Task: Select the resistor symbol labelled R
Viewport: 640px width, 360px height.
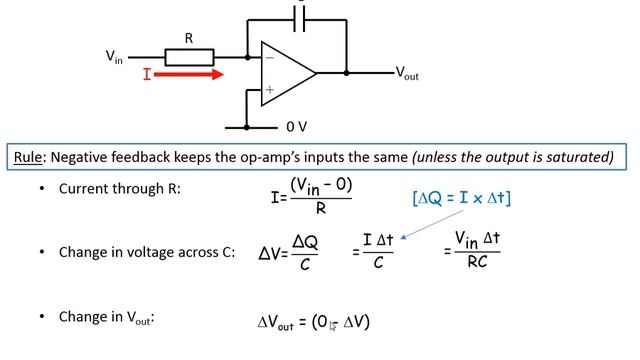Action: click(189, 57)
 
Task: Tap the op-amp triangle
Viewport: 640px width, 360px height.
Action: click(285, 73)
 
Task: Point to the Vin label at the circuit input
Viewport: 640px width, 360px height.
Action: click(116, 57)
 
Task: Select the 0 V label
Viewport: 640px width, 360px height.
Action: click(297, 128)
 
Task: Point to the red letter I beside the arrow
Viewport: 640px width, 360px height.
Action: click(147, 74)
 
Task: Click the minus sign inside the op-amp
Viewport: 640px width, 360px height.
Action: click(268, 58)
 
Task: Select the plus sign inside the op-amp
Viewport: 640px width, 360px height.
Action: click(268, 89)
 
